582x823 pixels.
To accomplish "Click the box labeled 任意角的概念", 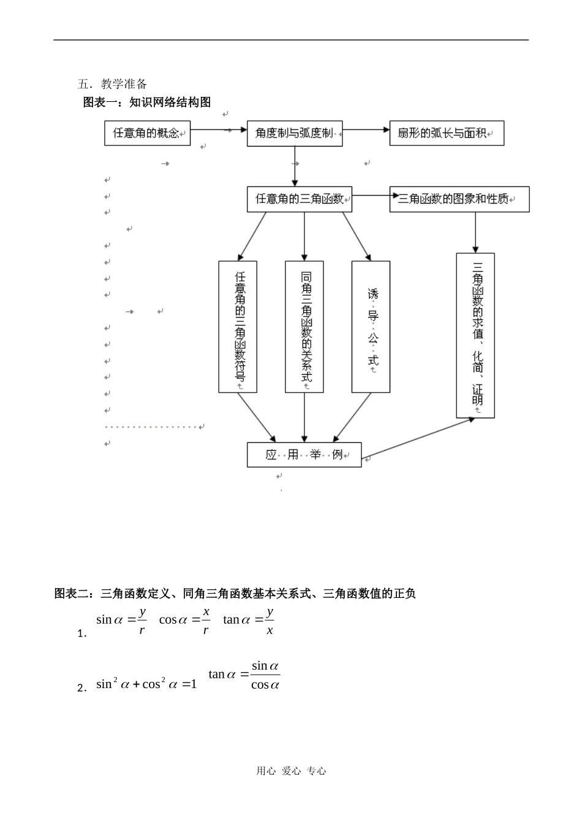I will coord(147,133).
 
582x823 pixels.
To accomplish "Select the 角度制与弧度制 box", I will coord(295,133).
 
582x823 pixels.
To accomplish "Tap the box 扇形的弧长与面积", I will coord(447,133).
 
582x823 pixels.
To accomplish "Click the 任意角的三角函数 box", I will coord(300,199).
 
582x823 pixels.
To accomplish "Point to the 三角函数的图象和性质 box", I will coord(459,199).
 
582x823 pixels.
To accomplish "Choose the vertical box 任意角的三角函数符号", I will coord(238,327).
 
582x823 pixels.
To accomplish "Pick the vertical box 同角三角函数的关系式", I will coord(304,327).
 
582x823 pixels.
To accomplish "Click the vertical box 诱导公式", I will coord(371,327).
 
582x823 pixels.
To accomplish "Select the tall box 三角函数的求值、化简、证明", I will coord(475,335).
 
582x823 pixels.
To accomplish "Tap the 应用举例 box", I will coord(304,454).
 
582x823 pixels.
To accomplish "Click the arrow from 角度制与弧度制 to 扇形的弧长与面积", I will coord(366,129).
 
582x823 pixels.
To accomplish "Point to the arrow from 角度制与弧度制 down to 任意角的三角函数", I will coord(295,166).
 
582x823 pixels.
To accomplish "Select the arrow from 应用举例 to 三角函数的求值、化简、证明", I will coord(418,438).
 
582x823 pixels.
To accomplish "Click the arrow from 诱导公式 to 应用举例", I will coord(352,418).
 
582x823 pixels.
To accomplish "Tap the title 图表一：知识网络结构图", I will coord(147,102).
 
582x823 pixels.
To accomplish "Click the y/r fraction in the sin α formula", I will coord(142,620).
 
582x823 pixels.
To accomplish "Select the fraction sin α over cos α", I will coord(265,675).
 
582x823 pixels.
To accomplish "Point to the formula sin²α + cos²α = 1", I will coord(146,684).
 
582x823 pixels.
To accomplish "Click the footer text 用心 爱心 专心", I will coord(291,771).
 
